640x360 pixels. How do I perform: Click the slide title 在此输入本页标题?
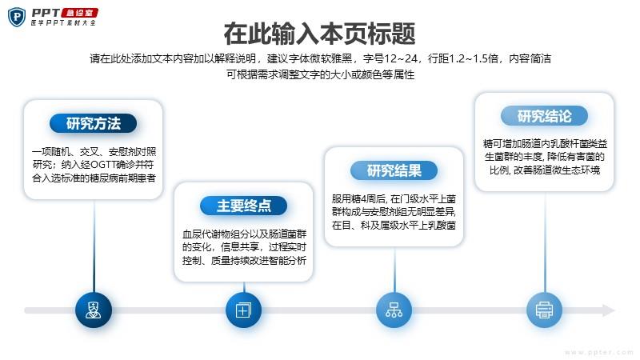click(x=319, y=34)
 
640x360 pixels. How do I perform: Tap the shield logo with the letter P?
click(x=17, y=17)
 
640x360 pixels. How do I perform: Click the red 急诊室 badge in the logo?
click(x=79, y=13)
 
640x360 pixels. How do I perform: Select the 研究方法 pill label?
click(x=94, y=123)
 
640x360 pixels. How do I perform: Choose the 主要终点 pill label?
click(x=244, y=206)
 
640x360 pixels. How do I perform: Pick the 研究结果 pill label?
click(x=394, y=170)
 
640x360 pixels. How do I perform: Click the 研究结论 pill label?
click(x=545, y=116)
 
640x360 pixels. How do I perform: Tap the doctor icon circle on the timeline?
click(x=94, y=310)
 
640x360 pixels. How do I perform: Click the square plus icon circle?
click(x=244, y=310)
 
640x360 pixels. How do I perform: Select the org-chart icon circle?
click(x=394, y=310)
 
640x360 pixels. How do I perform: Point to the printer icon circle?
click(x=545, y=310)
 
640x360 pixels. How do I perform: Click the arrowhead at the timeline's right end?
click(x=609, y=310)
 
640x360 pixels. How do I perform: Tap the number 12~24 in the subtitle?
click(x=401, y=58)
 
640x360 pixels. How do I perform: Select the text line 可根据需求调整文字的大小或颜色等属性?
click(x=321, y=74)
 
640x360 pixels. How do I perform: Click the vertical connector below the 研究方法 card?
click(x=94, y=246)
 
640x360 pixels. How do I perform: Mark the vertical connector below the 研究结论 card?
click(x=545, y=242)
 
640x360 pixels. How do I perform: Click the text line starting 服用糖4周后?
click(x=394, y=199)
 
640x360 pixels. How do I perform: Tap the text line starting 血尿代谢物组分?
click(x=244, y=234)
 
